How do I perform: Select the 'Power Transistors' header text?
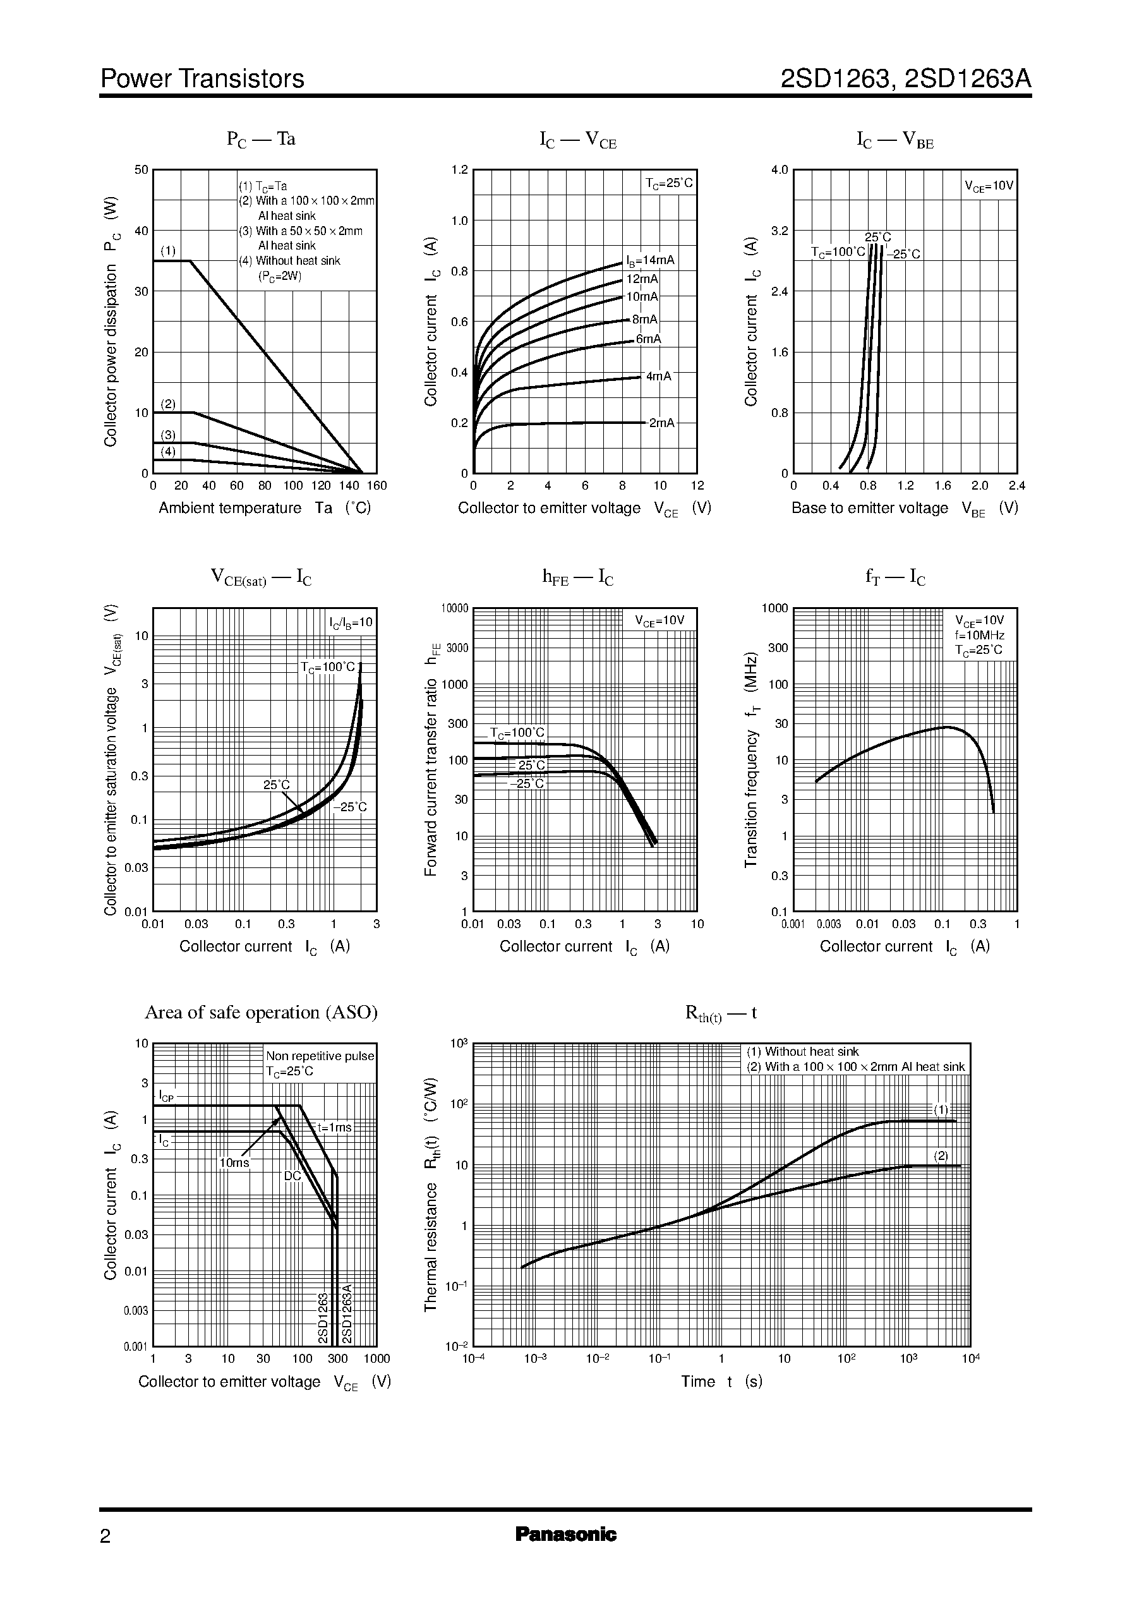click(x=202, y=79)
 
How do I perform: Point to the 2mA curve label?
click(x=661, y=423)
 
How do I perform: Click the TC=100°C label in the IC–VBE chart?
click(x=838, y=252)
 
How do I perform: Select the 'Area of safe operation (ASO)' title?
click(x=261, y=1012)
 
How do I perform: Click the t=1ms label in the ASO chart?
click(x=335, y=1127)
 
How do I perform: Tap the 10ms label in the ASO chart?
click(x=234, y=1162)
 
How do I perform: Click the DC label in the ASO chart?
click(x=292, y=1176)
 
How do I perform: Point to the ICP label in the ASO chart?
click(x=166, y=1095)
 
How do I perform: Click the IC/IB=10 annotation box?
click(x=351, y=622)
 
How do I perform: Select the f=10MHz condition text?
click(x=979, y=636)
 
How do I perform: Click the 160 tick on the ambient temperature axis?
click(x=376, y=486)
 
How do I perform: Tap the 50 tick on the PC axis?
click(x=141, y=169)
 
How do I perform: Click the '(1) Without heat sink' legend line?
click(x=802, y=1052)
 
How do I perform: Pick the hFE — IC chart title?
click(x=577, y=577)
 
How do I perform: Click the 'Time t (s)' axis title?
click(x=721, y=1382)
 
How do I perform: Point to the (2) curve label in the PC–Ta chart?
click(x=168, y=404)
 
